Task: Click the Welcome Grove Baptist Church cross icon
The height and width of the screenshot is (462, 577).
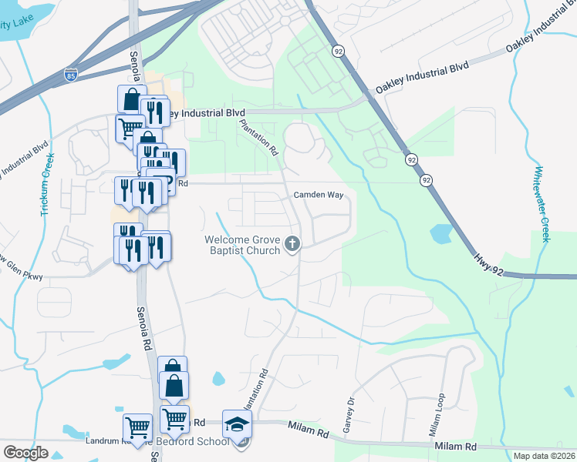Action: click(x=292, y=244)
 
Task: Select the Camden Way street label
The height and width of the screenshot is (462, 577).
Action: click(x=318, y=195)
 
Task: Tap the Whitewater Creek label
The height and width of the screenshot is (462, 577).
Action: click(x=542, y=204)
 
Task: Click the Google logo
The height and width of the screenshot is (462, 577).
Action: click(x=25, y=452)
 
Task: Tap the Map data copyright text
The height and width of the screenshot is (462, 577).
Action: click(x=544, y=456)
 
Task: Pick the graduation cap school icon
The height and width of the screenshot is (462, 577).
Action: click(x=237, y=423)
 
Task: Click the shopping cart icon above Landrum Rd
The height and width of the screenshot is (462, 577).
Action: click(x=137, y=426)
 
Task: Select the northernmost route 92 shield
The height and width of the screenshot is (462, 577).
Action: click(x=338, y=51)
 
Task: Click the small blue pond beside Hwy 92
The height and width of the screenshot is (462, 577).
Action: click(x=441, y=233)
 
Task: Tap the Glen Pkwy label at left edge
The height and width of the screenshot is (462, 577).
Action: click(x=23, y=276)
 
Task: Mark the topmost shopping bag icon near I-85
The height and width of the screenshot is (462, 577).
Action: click(x=132, y=99)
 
